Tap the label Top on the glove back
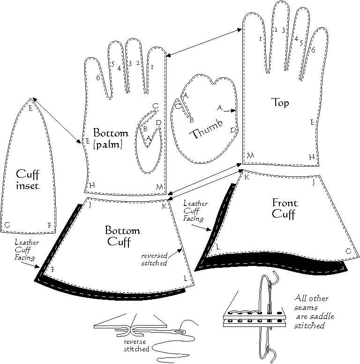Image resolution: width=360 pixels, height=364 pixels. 280,102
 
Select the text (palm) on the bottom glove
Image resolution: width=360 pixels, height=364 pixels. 108,145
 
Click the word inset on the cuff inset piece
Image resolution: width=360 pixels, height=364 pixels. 27,186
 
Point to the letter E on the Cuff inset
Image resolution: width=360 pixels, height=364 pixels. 30,108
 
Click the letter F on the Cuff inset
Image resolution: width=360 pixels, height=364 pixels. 49,225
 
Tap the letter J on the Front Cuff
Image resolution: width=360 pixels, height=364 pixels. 314,183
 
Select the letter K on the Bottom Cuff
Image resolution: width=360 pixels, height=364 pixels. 164,206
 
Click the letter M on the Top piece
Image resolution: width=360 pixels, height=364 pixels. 250,155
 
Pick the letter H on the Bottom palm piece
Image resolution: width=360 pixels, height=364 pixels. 92,185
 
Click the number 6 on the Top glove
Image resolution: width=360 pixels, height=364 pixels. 313,49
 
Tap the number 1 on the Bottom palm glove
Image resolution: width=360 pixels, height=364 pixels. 152,68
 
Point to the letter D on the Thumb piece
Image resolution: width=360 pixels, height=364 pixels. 233,130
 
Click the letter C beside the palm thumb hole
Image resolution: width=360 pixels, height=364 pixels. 155,106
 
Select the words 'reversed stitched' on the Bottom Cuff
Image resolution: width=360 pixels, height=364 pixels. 154,259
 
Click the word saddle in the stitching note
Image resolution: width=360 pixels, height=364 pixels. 322,317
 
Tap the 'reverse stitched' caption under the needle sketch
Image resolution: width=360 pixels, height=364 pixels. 136,345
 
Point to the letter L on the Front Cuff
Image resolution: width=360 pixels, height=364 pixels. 217,248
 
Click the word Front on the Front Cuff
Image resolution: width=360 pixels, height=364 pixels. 285,203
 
